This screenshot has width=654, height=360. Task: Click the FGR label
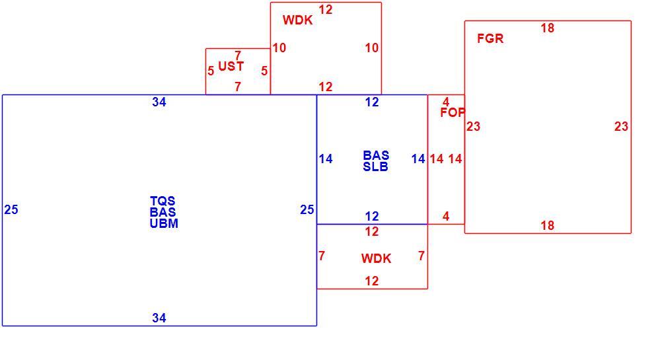(x=490, y=39)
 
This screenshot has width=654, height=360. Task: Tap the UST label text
(x=231, y=66)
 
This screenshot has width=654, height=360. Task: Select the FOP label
(x=453, y=112)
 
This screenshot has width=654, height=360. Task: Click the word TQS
(x=163, y=201)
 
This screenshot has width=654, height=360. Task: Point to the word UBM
(x=164, y=223)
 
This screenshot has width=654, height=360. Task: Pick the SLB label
(x=375, y=167)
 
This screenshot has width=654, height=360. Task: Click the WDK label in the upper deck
(x=297, y=20)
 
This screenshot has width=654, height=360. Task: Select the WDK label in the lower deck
(x=377, y=259)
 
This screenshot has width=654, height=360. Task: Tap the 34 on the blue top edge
(x=159, y=102)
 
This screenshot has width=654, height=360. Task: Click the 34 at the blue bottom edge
(x=159, y=318)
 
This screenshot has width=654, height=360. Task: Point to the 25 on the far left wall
(x=11, y=210)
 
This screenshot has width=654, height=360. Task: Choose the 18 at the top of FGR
(x=548, y=28)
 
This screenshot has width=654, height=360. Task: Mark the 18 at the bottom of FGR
(x=548, y=226)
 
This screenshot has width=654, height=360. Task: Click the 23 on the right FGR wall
(x=621, y=126)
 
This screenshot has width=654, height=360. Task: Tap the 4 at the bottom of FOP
(x=446, y=217)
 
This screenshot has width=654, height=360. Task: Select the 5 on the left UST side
(x=211, y=71)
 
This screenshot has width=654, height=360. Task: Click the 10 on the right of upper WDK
(x=372, y=48)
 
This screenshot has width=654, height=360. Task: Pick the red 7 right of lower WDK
(x=421, y=256)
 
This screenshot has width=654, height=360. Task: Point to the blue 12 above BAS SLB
(x=372, y=102)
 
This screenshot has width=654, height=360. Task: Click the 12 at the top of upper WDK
(x=326, y=10)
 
